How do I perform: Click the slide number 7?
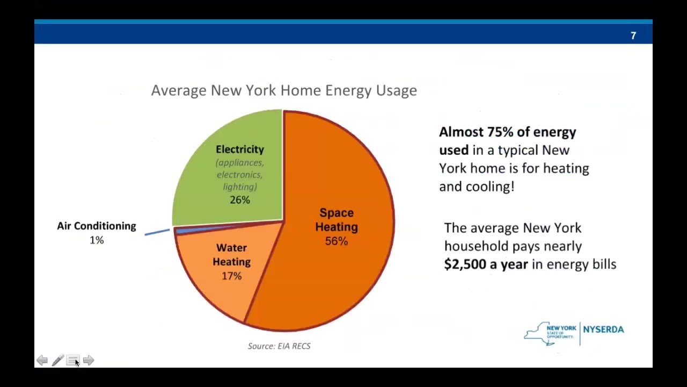(x=633, y=36)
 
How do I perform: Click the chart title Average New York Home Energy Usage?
(x=284, y=90)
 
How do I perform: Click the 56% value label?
(x=337, y=241)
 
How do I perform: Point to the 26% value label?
(x=240, y=200)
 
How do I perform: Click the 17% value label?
(x=232, y=276)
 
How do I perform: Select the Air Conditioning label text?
(x=97, y=226)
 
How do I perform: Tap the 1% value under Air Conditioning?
(x=97, y=240)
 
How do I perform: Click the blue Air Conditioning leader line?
(x=157, y=232)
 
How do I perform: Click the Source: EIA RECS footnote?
(x=279, y=346)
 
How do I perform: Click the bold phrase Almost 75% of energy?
(x=507, y=132)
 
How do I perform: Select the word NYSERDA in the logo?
(x=603, y=329)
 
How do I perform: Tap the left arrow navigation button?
(x=42, y=360)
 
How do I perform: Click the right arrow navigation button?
(x=89, y=360)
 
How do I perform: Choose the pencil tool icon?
(x=57, y=360)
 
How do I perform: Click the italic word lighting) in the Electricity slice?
(x=240, y=187)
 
